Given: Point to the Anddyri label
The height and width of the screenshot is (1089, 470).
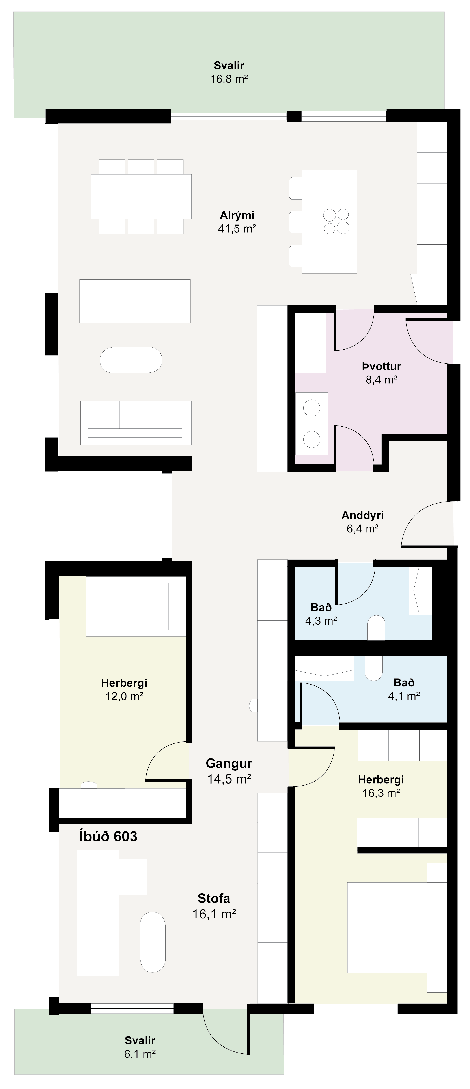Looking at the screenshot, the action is click(362, 515).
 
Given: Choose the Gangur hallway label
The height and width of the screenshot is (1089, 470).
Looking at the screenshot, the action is click(229, 763).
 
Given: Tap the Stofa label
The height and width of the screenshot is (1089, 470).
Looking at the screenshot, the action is click(214, 898).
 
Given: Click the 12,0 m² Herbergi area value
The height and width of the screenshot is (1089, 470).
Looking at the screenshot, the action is click(124, 696).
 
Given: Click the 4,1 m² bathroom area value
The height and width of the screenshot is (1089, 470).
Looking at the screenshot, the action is click(404, 695).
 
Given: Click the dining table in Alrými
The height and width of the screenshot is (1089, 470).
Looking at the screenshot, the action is click(141, 196).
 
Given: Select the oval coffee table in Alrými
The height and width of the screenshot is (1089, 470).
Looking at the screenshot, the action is click(131, 360).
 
